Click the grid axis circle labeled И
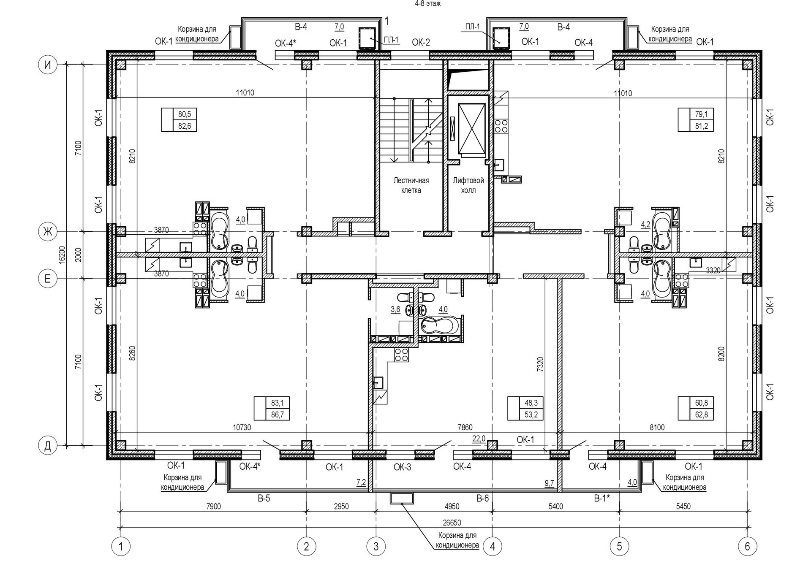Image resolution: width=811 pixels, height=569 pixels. [x=48, y=65]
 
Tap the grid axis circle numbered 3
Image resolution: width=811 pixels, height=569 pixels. [x=376, y=547]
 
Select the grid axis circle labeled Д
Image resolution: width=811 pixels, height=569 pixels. [x=48, y=445]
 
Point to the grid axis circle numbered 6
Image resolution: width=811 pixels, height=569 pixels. [x=747, y=547]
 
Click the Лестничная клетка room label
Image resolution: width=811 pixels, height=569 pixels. [x=411, y=185]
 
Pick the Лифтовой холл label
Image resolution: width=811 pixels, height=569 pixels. [x=468, y=185]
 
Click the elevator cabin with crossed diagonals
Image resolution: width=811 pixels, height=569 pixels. [x=471, y=128]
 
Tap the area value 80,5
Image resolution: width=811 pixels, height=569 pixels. [x=185, y=114]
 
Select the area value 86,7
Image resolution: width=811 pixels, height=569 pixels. [x=278, y=415]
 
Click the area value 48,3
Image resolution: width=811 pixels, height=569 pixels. [x=531, y=403]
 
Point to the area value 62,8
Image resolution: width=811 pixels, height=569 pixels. [x=702, y=415]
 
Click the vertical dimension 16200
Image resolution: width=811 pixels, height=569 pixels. [x=62, y=255]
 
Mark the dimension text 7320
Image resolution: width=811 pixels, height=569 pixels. [x=540, y=364]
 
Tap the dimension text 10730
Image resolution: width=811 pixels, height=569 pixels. [x=242, y=428]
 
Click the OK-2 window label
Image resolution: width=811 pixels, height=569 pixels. [x=421, y=42]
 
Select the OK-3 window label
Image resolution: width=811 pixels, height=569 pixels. [x=402, y=467]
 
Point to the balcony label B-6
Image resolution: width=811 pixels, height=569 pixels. [x=483, y=499]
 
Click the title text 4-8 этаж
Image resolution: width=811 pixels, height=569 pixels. [x=428, y=4]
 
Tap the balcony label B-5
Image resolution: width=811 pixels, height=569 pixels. [x=264, y=499]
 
